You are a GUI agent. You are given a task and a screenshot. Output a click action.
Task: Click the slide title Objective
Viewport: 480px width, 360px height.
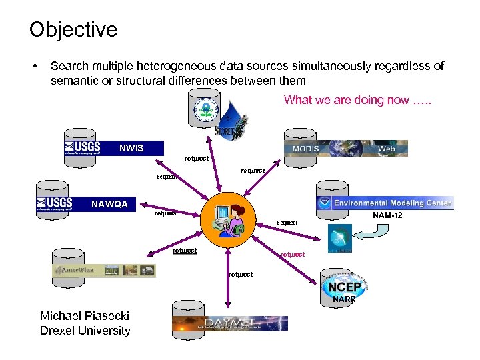pyautogui.click(x=73, y=29)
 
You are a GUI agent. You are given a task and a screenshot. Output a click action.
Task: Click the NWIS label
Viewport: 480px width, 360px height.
pyautogui.click(x=131, y=147)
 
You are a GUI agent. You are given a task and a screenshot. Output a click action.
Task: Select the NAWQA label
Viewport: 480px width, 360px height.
pyautogui.click(x=109, y=203)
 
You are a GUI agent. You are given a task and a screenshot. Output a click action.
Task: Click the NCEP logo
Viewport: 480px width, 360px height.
pyautogui.click(x=345, y=287)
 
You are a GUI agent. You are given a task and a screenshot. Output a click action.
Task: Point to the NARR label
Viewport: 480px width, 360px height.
pyautogui.click(x=345, y=300)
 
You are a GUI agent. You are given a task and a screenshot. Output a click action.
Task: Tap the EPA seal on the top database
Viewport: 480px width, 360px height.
pyautogui.click(x=206, y=108)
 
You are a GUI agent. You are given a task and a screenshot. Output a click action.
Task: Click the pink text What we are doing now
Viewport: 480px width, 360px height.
pyautogui.click(x=357, y=100)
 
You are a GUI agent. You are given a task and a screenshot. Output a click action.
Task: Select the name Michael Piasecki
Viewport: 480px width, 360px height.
pyautogui.click(x=85, y=316)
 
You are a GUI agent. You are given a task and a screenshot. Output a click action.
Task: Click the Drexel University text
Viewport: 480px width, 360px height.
pyautogui.click(x=85, y=331)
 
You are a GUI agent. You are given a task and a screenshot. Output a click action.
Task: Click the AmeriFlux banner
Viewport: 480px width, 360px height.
pyautogui.click(x=105, y=270)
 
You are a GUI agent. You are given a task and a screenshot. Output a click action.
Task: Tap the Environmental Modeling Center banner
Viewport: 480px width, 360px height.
pyautogui.click(x=385, y=203)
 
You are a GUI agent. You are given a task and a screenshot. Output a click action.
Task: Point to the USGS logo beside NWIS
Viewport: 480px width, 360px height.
pyautogui.click(x=82, y=147)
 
